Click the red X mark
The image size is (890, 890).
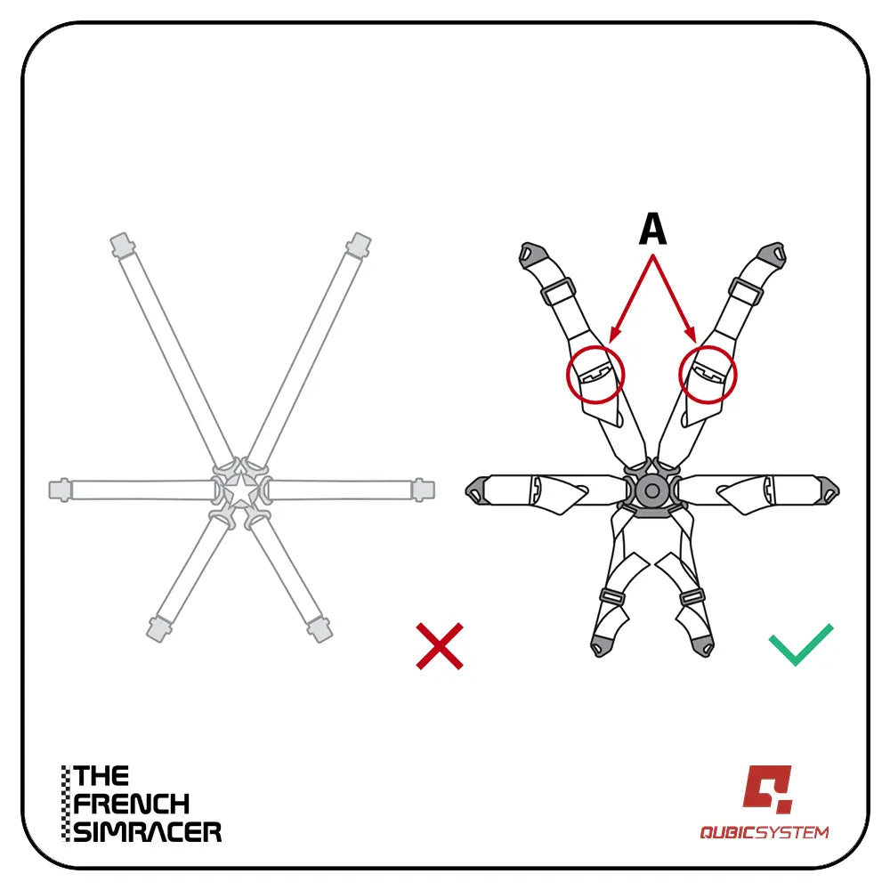440,646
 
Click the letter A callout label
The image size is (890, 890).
652,229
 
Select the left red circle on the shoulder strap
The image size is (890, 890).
595,375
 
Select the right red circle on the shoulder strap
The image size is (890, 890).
708,375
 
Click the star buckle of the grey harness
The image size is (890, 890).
241,489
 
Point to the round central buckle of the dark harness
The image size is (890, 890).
651,490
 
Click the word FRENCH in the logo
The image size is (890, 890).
131,804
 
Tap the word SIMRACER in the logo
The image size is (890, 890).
148,832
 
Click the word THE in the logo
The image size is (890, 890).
101,775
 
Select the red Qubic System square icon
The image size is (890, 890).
767,789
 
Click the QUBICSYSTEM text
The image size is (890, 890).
764,833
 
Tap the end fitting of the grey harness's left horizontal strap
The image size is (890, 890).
60,490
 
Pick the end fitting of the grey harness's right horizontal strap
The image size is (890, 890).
424,490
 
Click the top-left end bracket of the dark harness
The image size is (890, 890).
532,255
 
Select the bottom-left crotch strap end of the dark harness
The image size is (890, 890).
600,646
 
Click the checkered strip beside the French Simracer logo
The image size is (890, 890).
67,804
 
